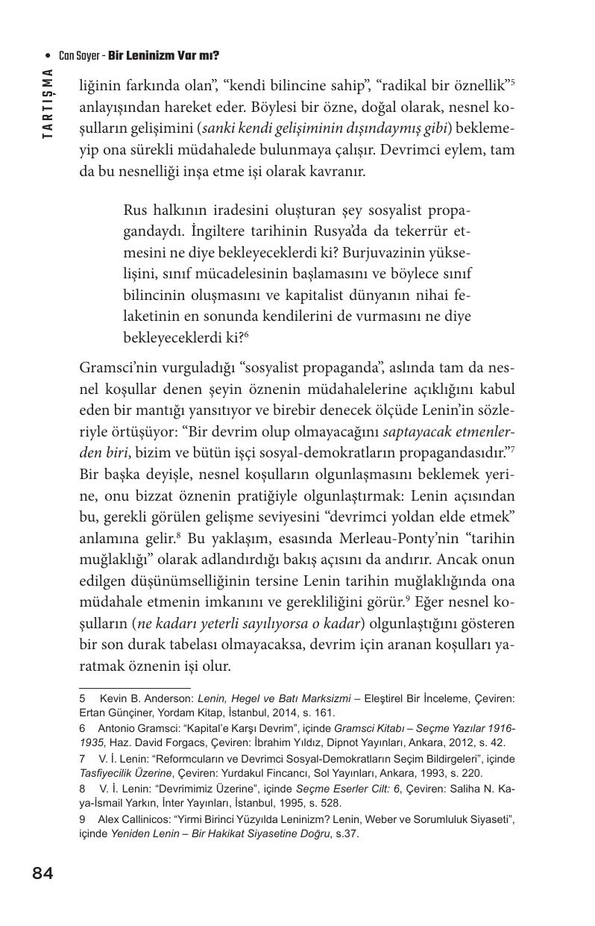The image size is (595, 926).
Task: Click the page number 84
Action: [42, 874]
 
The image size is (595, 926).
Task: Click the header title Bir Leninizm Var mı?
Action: [163, 56]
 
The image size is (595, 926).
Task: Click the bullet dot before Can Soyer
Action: [48, 56]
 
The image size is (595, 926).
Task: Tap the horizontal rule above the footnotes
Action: [134, 688]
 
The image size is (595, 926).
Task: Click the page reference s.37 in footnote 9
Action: [344, 833]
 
